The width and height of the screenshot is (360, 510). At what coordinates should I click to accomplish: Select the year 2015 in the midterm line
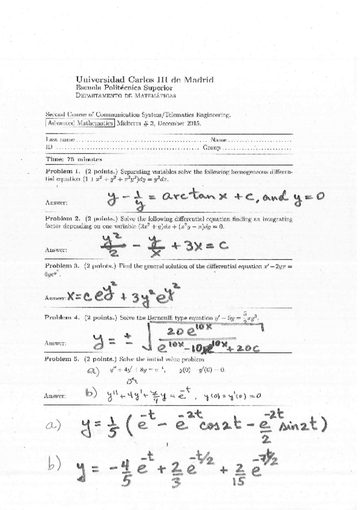pos(192,122)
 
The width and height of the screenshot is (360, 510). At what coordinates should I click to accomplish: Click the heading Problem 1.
pos(63,171)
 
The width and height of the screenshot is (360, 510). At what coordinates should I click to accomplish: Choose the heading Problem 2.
pos(63,218)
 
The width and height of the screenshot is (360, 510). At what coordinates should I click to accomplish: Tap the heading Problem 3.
pos(63,265)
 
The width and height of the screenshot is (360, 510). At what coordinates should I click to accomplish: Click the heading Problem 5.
pos(63,358)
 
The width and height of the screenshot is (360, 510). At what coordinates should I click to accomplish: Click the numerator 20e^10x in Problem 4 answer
pos(189,331)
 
